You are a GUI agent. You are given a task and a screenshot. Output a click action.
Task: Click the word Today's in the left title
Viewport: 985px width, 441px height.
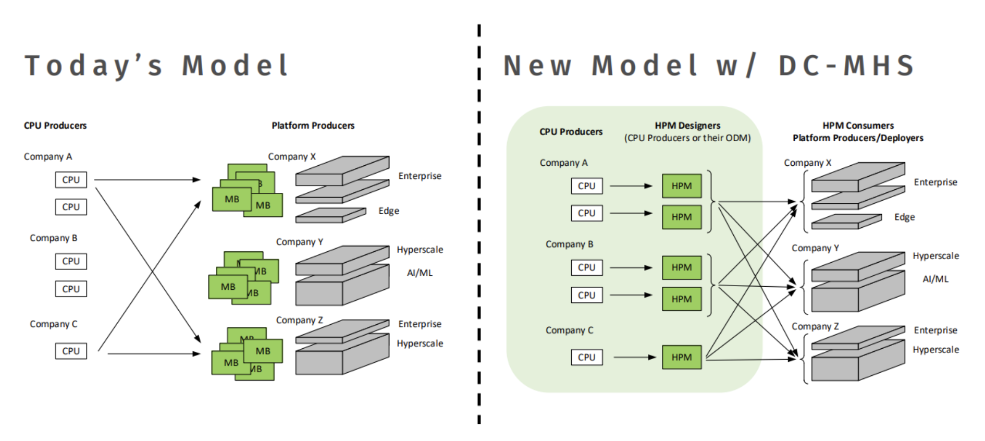point(94,66)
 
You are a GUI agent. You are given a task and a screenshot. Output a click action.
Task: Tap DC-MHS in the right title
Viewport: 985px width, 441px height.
point(846,66)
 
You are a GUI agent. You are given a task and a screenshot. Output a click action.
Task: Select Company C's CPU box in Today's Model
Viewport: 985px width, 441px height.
point(71,351)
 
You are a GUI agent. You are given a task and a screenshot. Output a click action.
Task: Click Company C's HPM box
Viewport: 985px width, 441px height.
point(682,357)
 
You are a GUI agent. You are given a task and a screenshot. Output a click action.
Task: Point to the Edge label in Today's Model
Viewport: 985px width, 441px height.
point(389,211)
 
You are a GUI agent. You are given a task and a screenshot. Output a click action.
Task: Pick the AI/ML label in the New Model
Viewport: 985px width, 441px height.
point(935,279)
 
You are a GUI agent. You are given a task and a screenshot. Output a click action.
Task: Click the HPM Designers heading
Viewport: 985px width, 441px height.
point(687,126)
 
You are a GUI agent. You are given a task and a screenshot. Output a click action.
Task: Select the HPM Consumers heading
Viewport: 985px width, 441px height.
point(858,126)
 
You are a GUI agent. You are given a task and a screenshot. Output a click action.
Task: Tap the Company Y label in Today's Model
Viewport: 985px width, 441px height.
point(300,242)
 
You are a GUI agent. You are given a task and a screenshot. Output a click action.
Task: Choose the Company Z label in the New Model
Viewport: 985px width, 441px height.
point(815,326)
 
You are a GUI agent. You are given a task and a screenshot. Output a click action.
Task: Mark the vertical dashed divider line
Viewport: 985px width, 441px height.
point(479,224)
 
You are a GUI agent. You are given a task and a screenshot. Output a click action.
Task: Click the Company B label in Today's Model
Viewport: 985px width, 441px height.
point(53,238)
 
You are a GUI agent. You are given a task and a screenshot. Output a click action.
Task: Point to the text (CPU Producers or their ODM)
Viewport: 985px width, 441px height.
point(687,138)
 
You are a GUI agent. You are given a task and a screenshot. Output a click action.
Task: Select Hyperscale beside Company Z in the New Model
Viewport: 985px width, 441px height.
point(935,350)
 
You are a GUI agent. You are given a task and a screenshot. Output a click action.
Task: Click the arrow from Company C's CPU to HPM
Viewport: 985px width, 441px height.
point(635,357)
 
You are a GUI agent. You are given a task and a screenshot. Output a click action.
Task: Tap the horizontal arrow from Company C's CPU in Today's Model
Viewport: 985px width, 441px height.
point(154,353)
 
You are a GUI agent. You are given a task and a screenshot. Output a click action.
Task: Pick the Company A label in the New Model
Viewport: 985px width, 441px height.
point(563,163)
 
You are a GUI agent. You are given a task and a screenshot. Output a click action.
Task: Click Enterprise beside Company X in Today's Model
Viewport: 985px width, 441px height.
point(420,176)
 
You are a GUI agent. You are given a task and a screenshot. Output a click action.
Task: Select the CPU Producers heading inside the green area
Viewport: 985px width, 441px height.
point(571,132)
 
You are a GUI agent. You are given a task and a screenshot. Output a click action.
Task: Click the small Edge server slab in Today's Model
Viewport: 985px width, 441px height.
point(330,215)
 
